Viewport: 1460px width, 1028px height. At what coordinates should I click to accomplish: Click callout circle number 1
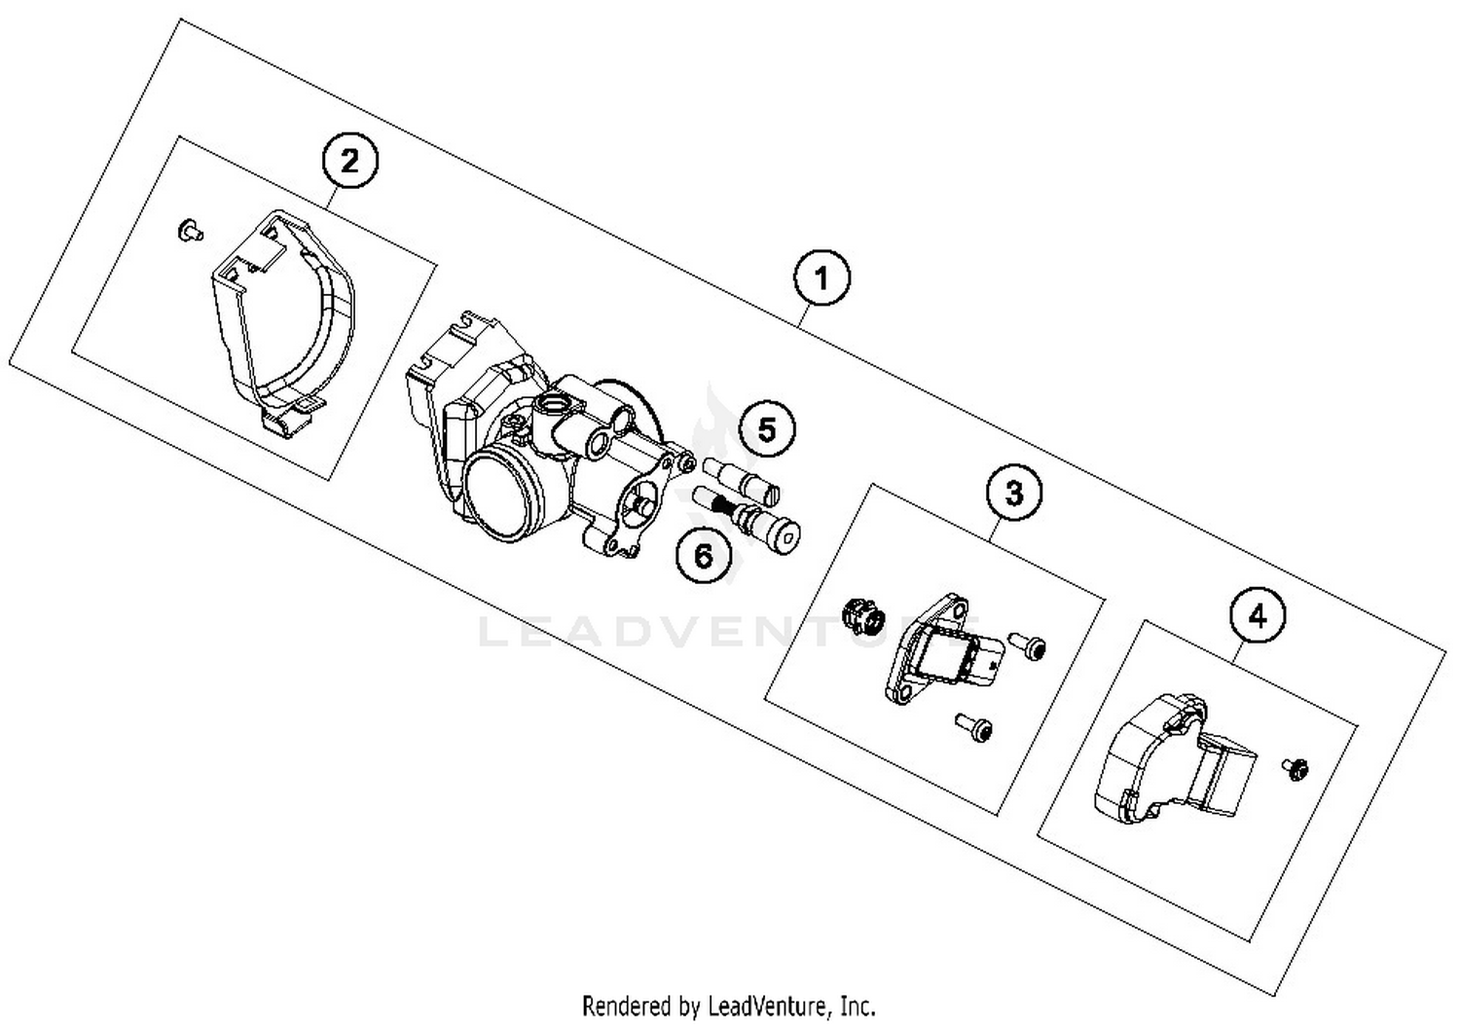click(821, 278)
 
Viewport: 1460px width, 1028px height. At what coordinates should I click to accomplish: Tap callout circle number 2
click(349, 161)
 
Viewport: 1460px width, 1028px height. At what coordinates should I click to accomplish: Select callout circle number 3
click(1013, 493)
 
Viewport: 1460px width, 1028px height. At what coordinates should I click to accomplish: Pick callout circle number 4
click(1258, 615)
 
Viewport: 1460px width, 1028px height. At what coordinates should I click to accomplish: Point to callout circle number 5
click(767, 429)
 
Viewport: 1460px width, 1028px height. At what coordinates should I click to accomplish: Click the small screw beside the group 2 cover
click(189, 231)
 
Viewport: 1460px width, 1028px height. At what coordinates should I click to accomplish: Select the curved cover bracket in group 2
click(282, 321)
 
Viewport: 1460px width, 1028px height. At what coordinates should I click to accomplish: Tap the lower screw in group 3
click(974, 725)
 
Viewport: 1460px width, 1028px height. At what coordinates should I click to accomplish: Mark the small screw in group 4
click(1295, 768)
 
